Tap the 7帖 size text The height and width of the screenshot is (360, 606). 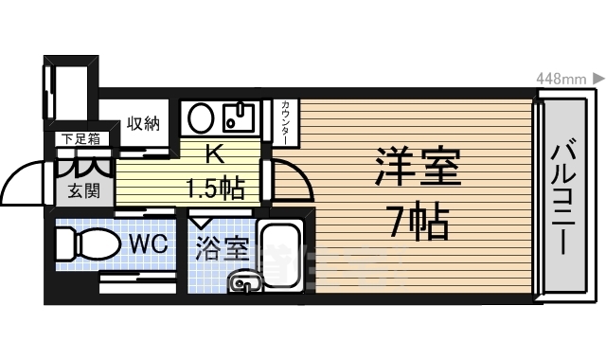[x=417, y=222]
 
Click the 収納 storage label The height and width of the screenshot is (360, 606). [x=143, y=123]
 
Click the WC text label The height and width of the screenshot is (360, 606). [x=148, y=243]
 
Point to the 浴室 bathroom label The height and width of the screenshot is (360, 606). [x=223, y=251]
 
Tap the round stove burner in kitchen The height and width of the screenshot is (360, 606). [x=200, y=118]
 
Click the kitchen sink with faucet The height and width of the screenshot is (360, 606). [x=238, y=118]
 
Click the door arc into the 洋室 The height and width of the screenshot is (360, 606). [x=289, y=180]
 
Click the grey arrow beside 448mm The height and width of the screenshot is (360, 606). [x=598, y=78]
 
